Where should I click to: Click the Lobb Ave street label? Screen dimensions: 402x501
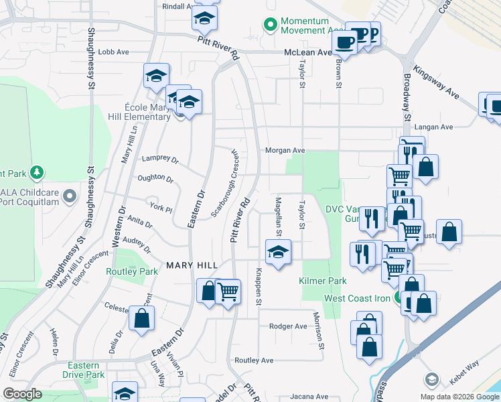[113, 52]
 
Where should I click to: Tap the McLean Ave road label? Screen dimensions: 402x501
[307, 52]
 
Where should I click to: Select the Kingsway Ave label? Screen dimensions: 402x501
[436, 82]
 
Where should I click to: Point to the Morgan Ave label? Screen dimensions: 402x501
[285, 151]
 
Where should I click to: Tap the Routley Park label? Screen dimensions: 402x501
[132, 271]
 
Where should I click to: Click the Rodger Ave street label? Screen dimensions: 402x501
[287, 326]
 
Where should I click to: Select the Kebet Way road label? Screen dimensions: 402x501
[463, 382]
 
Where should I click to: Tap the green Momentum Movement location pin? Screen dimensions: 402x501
[271, 25]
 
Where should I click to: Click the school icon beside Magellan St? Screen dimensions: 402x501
[276, 253]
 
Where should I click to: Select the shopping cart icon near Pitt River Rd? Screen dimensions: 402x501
[228, 291]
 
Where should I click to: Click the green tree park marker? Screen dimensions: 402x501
[38, 173]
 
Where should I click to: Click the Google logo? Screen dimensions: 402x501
[22, 394]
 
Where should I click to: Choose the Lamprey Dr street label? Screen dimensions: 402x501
[160, 160]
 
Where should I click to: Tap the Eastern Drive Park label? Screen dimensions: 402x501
[86, 371]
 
